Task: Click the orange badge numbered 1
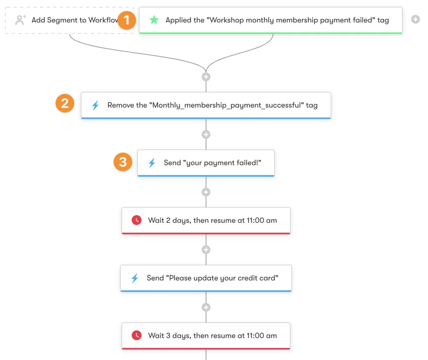[127, 19]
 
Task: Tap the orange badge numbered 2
[65, 103]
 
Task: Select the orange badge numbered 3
[123, 162]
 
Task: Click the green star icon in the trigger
[154, 20]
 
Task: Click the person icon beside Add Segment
[20, 20]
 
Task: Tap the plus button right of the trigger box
[415, 19]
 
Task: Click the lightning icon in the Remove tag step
[95, 105]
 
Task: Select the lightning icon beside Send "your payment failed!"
[152, 163]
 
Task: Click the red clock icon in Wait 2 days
[136, 220]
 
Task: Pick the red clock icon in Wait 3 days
[136, 335]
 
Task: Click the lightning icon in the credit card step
[135, 278]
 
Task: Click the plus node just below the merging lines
[206, 77]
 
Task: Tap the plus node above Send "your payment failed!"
[206, 134]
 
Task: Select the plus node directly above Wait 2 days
[206, 192]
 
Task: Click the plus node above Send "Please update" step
[206, 250]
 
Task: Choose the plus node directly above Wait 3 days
[206, 307]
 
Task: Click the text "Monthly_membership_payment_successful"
[226, 105]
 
